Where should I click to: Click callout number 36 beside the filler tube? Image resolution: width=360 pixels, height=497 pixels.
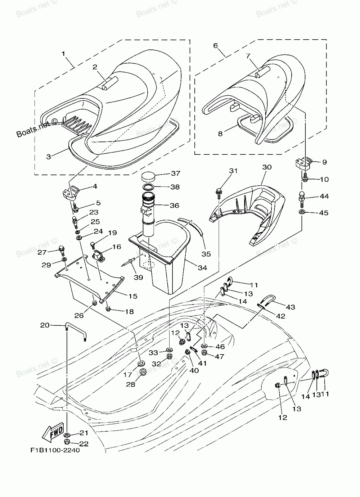pos(175,205)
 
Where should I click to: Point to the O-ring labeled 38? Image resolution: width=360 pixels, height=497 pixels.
pos(148,187)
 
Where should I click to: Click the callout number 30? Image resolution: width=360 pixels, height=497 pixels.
pos(267,167)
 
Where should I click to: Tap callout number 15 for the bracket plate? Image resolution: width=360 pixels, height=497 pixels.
pos(133,296)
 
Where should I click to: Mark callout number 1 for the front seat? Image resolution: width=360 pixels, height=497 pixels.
pos(63,54)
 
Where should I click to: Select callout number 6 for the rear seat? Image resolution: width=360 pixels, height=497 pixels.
pos(216,45)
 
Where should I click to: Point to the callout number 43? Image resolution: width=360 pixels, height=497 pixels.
pos(290,307)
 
